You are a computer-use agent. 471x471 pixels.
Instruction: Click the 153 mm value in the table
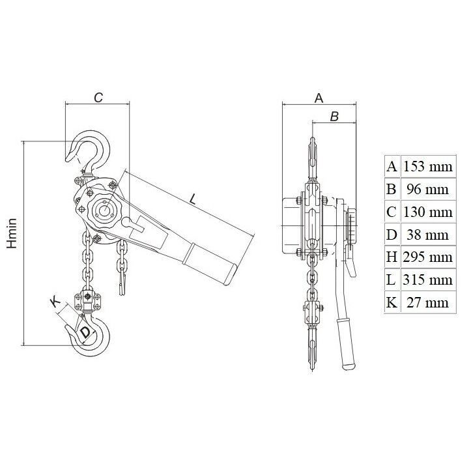[428, 166]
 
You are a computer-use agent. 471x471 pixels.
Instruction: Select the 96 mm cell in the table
[428, 189]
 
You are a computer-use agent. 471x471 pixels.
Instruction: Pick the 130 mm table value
[428, 212]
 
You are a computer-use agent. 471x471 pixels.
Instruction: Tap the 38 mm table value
[428, 235]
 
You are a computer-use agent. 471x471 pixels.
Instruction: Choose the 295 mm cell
[428, 257]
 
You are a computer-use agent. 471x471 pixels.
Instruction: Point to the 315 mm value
[428, 279]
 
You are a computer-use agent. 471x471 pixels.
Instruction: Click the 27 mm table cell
[428, 302]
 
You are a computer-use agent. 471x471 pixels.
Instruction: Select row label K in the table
[392, 302]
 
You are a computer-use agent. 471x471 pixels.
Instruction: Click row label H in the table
[392, 257]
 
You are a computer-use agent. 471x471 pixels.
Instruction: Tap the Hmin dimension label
[12, 234]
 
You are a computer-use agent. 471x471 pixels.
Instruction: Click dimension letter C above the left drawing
[98, 98]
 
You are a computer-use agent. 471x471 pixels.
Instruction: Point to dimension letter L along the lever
[193, 199]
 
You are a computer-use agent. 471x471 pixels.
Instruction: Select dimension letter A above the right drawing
[319, 98]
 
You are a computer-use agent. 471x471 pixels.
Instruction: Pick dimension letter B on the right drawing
[334, 117]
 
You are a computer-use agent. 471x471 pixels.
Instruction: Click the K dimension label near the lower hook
[55, 302]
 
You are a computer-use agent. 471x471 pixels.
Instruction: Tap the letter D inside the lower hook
[85, 332]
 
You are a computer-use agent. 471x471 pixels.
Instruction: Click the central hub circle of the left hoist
[104, 210]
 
